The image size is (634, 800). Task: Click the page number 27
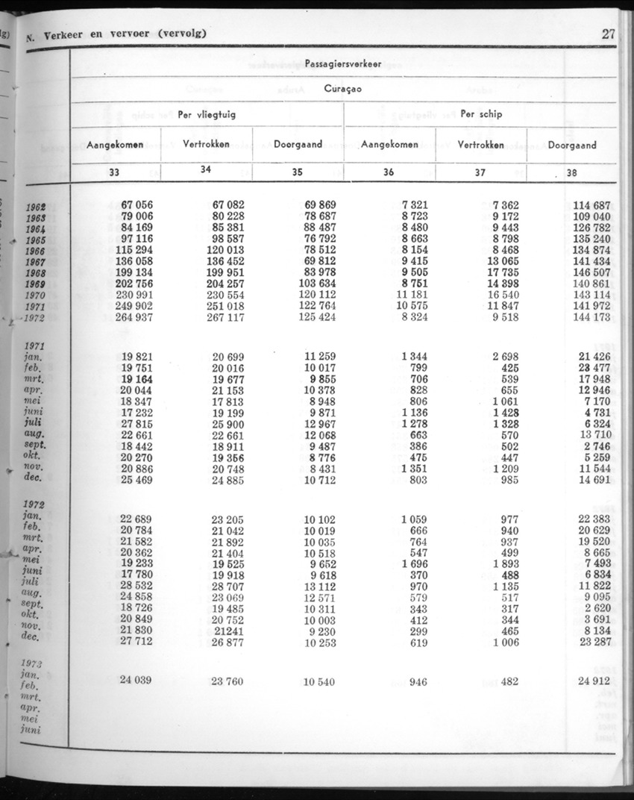click(608, 34)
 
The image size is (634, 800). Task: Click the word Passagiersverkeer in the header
click(343, 64)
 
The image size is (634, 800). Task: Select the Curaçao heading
click(344, 89)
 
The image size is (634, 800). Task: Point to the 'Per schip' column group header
click(481, 114)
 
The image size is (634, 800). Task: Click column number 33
click(114, 172)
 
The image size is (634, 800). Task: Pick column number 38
click(572, 172)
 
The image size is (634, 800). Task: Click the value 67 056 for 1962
click(134, 204)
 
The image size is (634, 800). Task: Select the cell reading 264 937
click(134, 318)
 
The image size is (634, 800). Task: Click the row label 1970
click(34, 296)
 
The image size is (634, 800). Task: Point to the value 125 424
click(317, 318)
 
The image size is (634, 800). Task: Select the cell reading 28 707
click(228, 587)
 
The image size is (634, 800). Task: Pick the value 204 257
click(225, 284)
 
